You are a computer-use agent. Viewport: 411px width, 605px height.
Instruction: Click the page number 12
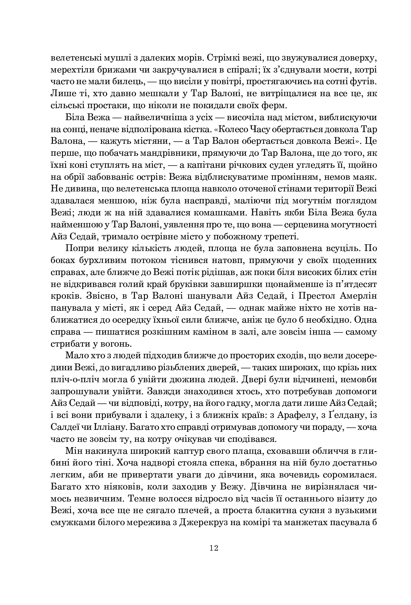click(x=214, y=548)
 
